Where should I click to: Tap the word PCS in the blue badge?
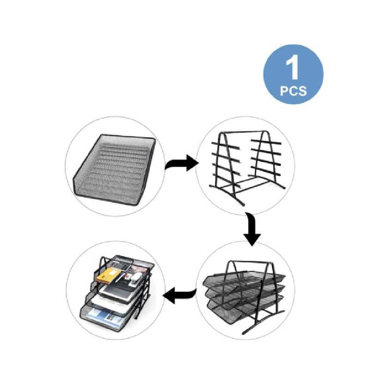click(293, 92)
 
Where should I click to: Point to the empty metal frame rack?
click(245, 165)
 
